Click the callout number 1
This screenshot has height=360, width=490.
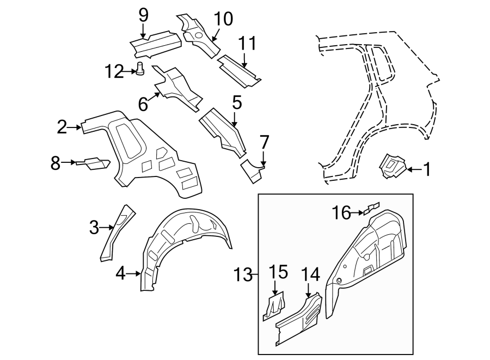pyautogui.click(x=427, y=170)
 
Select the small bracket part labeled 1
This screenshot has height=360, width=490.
pyautogui.click(x=393, y=166)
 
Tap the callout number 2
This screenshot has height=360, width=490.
pyautogui.click(x=62, y=127)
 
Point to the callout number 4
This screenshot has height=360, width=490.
pyautogui.click(x=121, y=273)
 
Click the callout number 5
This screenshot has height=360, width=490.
pyautogui.click(x=236, y=102)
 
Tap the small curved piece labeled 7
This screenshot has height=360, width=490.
pyautogui.click(x=252, y=170)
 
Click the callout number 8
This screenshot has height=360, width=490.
pyautogui.click(x=56, y=162)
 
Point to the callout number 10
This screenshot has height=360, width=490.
pyautogui.click(x=223, y=20)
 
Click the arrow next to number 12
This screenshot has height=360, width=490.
pyautogui.click(x=131, y=71)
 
